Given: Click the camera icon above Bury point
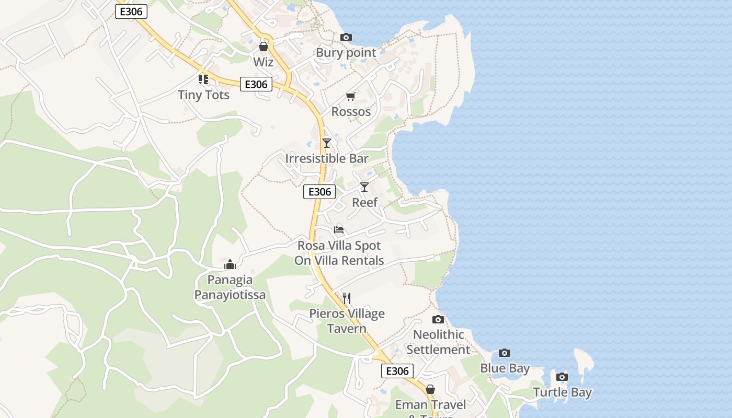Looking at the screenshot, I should (346, 37).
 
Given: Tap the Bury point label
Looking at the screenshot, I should (346, 53).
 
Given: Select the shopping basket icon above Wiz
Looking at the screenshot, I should (264, 47).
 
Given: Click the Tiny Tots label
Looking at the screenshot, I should (204, 95).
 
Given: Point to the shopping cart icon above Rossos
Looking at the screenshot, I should (351, 96).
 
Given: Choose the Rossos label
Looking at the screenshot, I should (351, 112).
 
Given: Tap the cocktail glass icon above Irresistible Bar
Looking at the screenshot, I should (327, 143).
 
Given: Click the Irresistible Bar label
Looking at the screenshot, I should (327, 158).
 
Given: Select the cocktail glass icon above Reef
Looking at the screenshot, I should (364, 187).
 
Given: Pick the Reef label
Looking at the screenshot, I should (365, 203).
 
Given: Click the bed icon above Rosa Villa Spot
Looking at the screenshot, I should (339, 229).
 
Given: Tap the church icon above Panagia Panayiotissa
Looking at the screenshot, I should (230, 264).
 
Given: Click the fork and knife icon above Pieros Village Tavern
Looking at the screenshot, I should (347, 298).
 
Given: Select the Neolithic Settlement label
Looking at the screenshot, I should (439, 342).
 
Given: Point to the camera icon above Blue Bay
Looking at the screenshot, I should (505, 353).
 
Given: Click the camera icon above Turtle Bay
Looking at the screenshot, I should (562, 377).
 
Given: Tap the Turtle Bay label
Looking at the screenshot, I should (563, 393).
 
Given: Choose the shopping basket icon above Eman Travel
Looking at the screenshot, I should (430, 389).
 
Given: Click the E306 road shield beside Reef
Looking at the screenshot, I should (319, 192).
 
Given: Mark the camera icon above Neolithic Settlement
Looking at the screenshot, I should (438, 319).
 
